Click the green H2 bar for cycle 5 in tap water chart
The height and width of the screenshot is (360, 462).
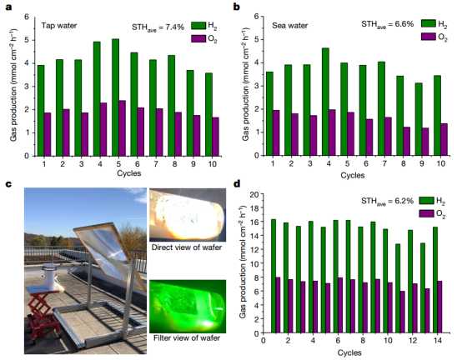115,97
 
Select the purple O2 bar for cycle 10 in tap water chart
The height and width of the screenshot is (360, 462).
215,137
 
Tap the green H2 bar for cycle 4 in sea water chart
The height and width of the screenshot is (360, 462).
325,102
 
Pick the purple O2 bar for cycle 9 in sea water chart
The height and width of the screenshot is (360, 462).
425,142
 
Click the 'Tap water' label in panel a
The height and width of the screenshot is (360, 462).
59,26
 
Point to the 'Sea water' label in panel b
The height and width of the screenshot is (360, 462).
289,26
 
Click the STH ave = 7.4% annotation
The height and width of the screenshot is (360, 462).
158,27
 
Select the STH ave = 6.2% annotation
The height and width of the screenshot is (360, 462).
388,202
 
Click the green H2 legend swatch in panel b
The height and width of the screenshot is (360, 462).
428,23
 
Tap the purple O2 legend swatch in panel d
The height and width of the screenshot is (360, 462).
426,213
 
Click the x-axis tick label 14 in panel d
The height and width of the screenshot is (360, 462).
438,341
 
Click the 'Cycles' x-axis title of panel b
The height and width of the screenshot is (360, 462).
353,176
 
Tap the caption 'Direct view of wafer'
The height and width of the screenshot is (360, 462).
187,247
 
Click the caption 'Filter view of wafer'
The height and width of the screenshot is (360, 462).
187,337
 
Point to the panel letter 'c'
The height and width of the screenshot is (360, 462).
8,184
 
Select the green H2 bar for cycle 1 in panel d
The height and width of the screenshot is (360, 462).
274,276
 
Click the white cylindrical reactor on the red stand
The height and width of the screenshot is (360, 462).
49,276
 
